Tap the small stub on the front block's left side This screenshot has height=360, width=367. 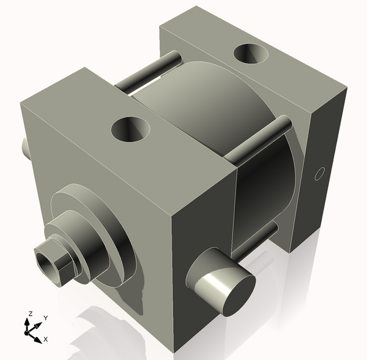[x=25, y=147]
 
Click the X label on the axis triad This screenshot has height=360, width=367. [x=46, y=339]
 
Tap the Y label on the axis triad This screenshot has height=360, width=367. [x=45, y=318]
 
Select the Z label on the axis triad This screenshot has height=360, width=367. [x=29, y=315]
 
